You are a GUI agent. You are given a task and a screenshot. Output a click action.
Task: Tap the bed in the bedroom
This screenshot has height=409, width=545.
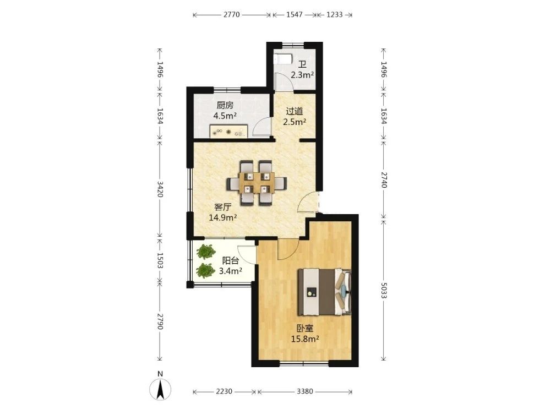pyautogui.click(x=324, y=292)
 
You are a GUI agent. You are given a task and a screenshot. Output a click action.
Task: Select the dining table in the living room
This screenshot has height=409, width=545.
pyautogui.click(x=257, y=183)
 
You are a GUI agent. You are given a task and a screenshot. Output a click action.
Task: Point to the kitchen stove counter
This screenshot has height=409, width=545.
pyautogui.click(x=228, y=132)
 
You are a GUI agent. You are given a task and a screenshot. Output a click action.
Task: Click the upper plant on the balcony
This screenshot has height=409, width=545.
pyautogui.click(x=205, y=251)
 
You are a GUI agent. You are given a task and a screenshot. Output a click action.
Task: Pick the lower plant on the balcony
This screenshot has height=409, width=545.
pyautogui.click(x=205, y=270)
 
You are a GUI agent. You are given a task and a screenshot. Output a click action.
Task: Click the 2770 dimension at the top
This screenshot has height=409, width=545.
pyautogui.click(x=231, y=15)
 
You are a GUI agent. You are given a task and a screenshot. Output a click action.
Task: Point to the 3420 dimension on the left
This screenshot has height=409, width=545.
pyautogui.click(x=160, y=189)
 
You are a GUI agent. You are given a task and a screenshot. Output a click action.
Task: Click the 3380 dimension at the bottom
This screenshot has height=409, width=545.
pyautogui.click(x=305, y=391)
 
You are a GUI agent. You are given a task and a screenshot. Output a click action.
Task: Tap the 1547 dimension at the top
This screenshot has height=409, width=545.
pyautogui.click(x=295, y=15)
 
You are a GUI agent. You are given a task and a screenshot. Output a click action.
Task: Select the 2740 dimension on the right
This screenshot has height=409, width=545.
pyautogui.click(x=384, y=179)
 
